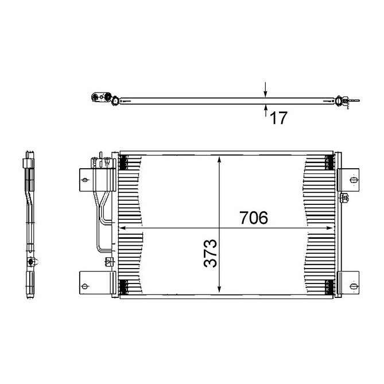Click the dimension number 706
[x=253, y=218]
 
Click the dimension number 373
[x=210, y=253]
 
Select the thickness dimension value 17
[x=278, y=118]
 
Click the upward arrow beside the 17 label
[x=265, y=107]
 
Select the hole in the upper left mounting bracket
[x=86, y=180]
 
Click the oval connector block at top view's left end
[x=99, y=98]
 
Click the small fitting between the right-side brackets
[x=344, y=199]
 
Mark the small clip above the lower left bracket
[x=108, y=262]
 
